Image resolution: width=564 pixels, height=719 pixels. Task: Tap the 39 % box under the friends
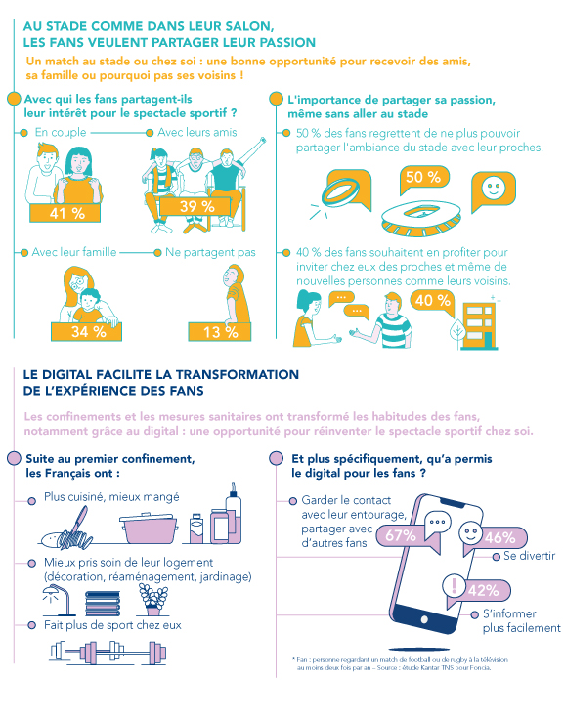click(x=195, y=206)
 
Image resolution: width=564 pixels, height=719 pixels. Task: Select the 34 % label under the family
click(x=86, y=331)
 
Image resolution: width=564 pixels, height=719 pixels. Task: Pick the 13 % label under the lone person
click(x=219, y=332)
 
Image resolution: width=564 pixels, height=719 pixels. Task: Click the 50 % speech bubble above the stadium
click(x=423, y=179)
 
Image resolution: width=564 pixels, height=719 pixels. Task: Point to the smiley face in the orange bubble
click(x=494, y=189)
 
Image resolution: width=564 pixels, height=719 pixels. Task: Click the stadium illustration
click(x=421, y=218)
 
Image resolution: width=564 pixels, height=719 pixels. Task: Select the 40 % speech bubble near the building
click(x=432, y=303)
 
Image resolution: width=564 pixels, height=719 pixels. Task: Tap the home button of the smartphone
click(x=424, y=620)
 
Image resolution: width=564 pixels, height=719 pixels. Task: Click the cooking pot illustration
click(x=149, y=529)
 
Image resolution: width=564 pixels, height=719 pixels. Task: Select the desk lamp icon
click(x=58, y=600)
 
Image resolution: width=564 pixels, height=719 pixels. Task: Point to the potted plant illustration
click(x=152, y=600)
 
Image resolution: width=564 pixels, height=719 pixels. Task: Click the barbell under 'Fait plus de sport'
click(x=108, y=652)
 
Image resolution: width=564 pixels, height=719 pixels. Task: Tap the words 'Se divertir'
click(x=529, y=556)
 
